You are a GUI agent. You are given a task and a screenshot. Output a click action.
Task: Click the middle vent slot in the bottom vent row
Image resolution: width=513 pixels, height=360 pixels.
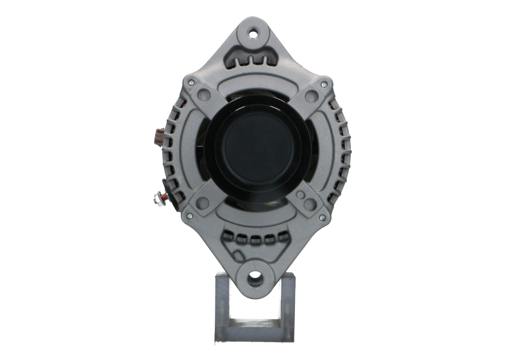(256, 241)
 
